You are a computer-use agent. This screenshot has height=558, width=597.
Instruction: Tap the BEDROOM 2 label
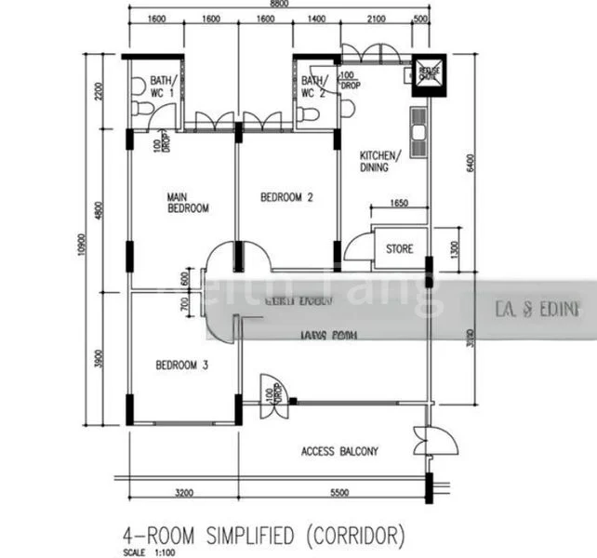tap(286, 197)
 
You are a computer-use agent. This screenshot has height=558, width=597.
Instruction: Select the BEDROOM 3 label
tap(181, 365)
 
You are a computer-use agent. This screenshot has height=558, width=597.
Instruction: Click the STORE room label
tap(400, 249)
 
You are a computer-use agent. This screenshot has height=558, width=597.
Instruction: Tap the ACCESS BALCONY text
tap(339, 452)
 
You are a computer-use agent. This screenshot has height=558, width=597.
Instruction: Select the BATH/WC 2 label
tap(313, 86)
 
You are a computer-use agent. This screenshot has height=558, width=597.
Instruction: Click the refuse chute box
tap(431, 73)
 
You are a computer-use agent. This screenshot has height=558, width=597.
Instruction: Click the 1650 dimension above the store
tap(399, 203)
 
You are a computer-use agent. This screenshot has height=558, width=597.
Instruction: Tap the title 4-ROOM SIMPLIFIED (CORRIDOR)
tap(265, 535)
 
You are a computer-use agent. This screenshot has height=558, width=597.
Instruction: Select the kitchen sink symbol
tap(418, 129)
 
